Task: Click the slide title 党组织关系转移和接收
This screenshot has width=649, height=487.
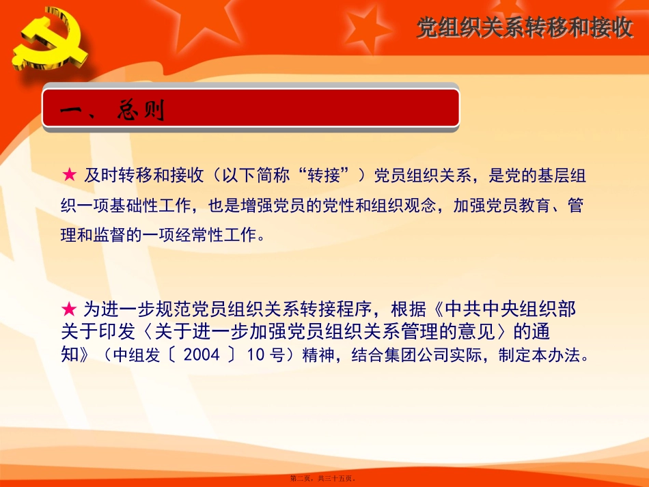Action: pos(525,28)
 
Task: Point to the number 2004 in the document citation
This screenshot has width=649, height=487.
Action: pos(202,355)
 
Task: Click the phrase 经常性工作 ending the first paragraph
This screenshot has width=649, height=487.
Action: pos(217,236)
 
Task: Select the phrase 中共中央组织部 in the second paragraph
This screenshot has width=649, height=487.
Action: pos(512,309)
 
